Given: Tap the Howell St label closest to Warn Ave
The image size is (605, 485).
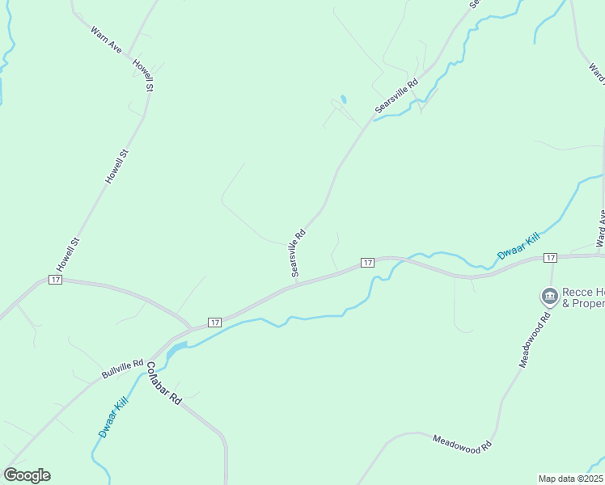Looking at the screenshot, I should pos(144,74).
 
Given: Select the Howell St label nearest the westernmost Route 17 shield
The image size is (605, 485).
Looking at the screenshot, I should pos(66,254).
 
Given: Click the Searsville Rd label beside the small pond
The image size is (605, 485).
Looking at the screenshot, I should pos(396,95).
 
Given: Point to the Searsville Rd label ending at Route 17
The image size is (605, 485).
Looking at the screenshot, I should pos(298,253).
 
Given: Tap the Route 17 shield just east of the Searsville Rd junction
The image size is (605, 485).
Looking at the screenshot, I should pos(367,263).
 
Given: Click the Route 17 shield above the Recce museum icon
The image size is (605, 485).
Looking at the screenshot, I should pos(550,257).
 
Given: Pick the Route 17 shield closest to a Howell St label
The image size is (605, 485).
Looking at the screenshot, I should pos(55,280).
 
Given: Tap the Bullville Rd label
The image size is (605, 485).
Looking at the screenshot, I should pos(122,369).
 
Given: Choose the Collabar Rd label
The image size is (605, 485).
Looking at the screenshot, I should pos(163,382).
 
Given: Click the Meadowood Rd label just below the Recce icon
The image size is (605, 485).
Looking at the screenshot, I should pos(535,339).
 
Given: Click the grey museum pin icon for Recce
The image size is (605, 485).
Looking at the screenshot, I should pos(549,296).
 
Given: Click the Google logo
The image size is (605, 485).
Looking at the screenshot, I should pos(27,475).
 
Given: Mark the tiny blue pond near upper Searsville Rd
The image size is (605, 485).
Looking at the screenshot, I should pos(344,99).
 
